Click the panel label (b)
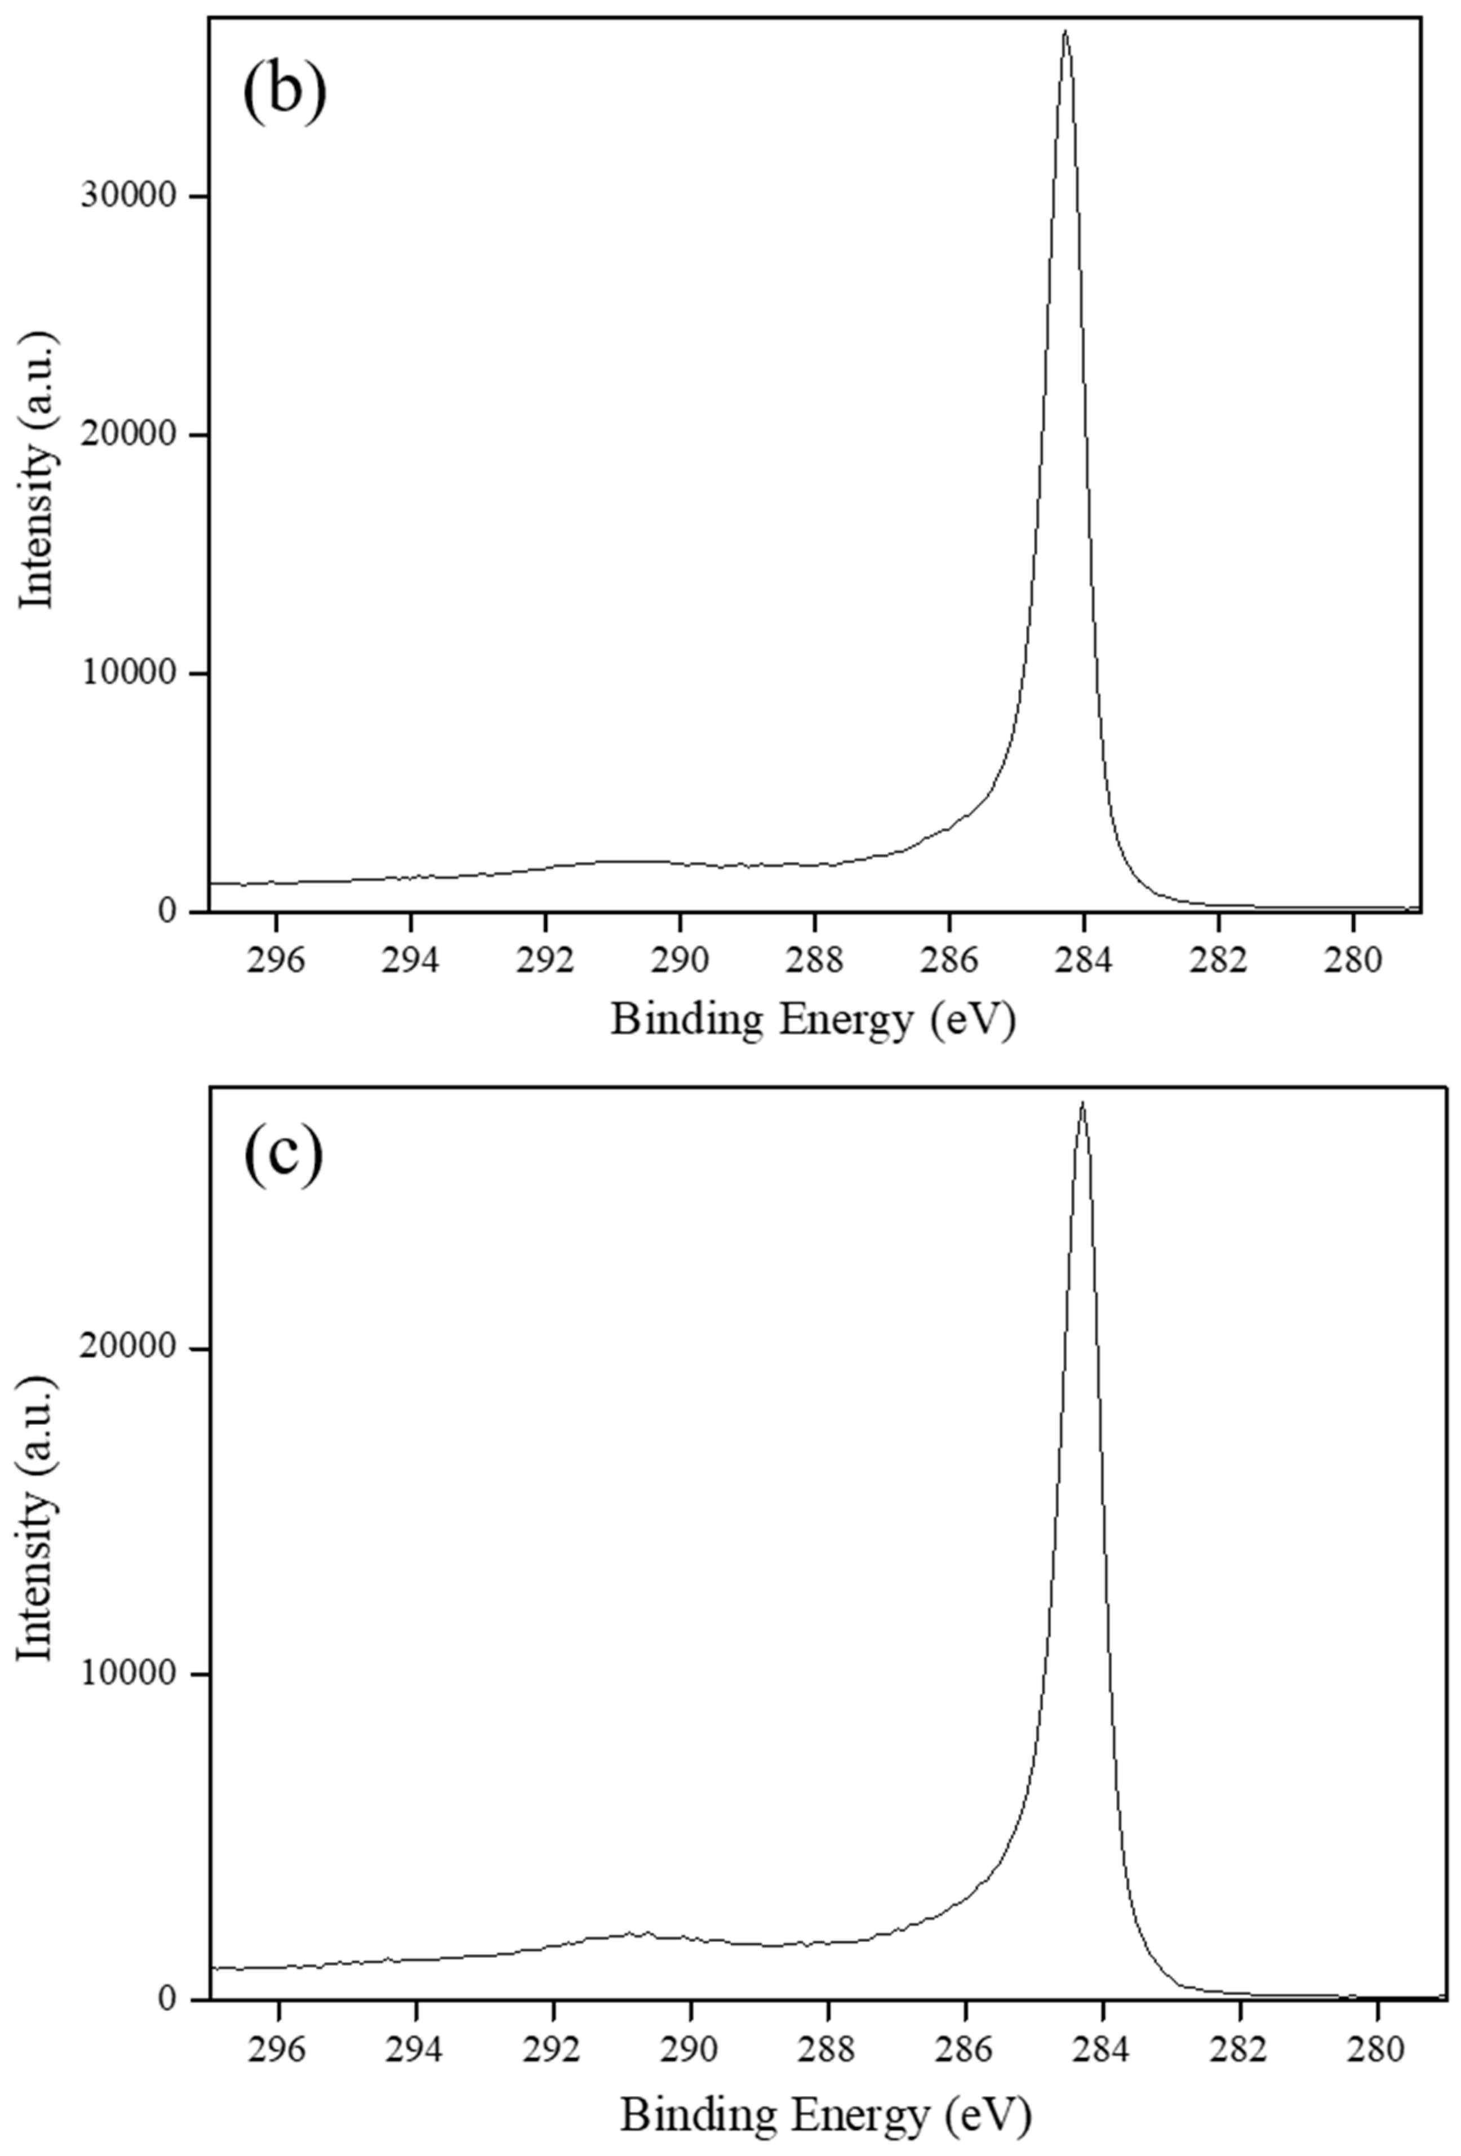(284, 93)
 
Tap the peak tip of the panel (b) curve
(1065, 32)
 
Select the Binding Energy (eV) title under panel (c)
(825, 2110)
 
